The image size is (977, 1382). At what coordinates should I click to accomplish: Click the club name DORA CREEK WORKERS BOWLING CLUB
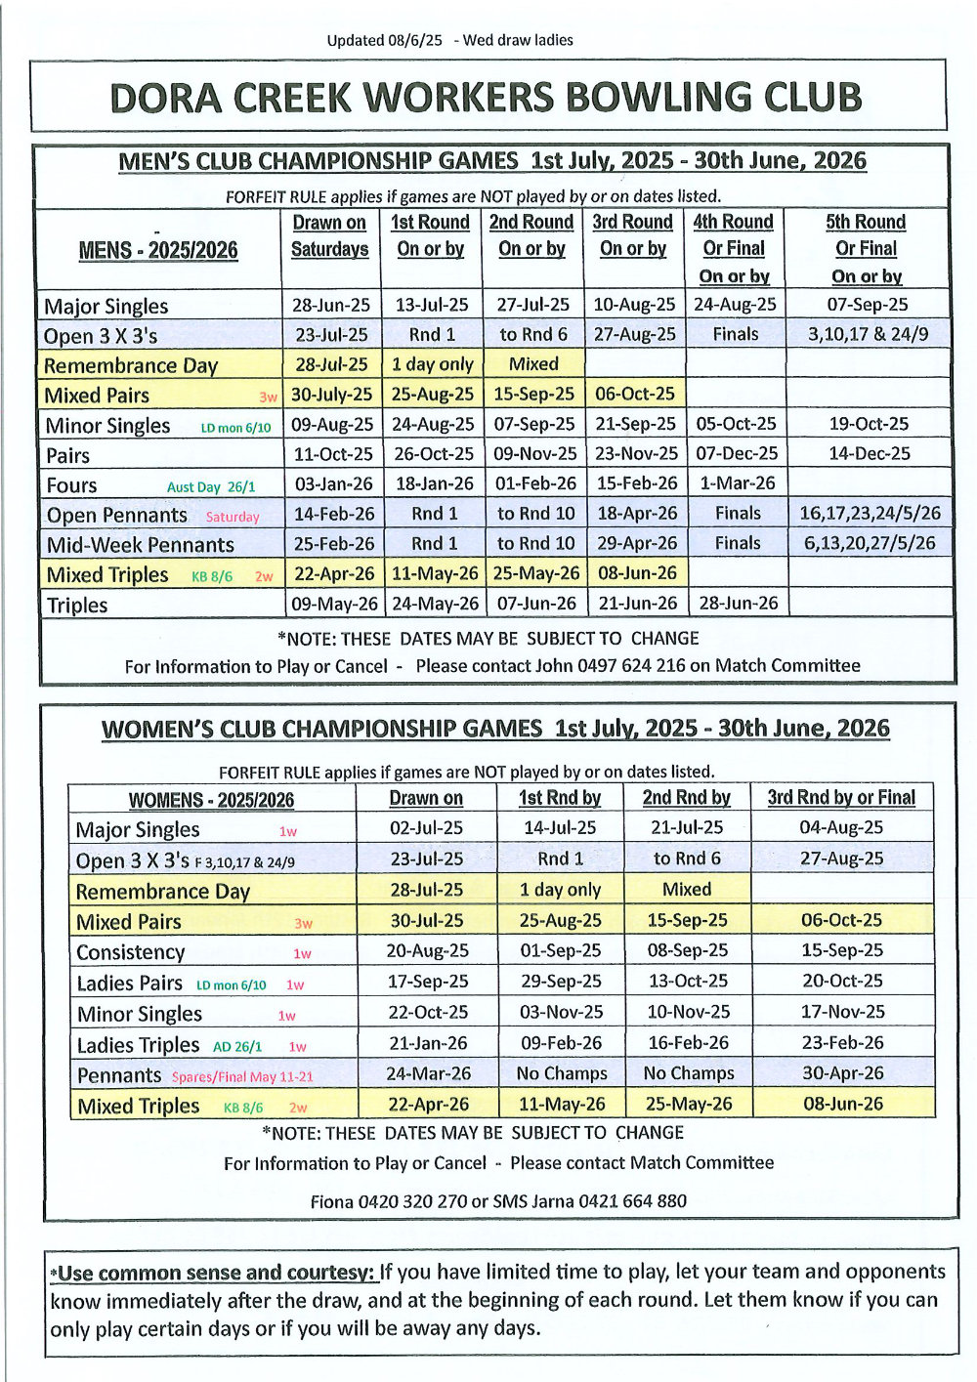pyautogui.click(x=486, y=98)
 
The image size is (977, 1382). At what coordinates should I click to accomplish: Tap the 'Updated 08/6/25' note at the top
pyautogui.click(x=384, y=40)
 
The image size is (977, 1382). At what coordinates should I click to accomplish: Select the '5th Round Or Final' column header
pyautogui.click(x=866, y=248)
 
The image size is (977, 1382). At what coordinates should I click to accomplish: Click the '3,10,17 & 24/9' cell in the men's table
pyautogui.click(x=868, y=334)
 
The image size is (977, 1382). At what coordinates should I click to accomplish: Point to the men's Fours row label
pyautogui.click(x=71, y=485)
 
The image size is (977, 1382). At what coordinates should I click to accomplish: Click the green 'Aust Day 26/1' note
pyautogui.click(x=211, y=486)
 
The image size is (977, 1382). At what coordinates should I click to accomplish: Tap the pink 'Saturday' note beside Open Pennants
pyautogui.click(x=233, y=517)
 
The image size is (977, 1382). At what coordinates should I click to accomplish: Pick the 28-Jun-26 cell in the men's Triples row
pyautogui.click(x=738, y=603)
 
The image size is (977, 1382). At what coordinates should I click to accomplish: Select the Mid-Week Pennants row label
pyautogui.click(x=141, y=545)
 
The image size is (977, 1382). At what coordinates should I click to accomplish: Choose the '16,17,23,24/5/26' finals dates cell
pyautogui.click(x=870, y=513)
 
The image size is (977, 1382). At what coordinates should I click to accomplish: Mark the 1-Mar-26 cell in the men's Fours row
pyautogui.click(x=738, y=482)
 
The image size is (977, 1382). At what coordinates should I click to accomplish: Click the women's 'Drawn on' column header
pyautogui.click(x=426, y=798)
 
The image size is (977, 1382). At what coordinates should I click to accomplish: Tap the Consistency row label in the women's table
pyautogui.click(x=130, y=952)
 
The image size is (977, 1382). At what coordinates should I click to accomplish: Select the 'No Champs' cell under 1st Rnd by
pyautogui.click(x=561, y=1072)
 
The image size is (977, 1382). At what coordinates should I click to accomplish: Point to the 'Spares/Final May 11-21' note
pyautogui.click(x=242, y=1076)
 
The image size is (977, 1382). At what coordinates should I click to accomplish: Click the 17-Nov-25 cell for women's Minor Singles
pyautogui.click(x=841, y=1012)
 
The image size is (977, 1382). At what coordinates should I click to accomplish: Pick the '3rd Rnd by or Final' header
pyautogui.click(x=841, y=797)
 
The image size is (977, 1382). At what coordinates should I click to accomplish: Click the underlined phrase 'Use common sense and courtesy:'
pyautogui.click(x=216, y=1273)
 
